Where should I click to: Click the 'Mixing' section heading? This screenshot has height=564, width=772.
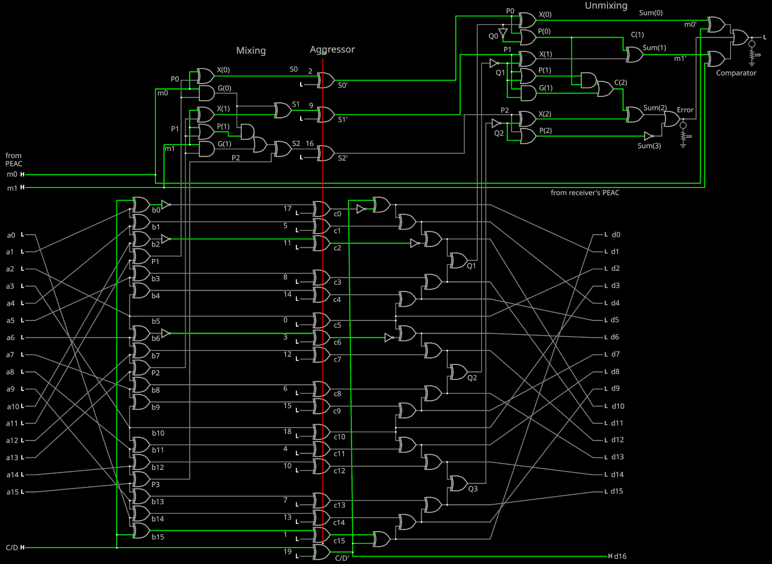click(251, 51)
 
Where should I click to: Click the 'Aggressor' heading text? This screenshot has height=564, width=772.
click(332, 49)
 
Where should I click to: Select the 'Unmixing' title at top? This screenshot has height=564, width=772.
click(606, 6)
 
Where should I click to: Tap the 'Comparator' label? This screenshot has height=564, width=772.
click(736, 73)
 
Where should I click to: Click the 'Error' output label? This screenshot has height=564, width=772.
click(685, 110)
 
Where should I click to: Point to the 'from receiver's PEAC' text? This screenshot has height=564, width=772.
click(585, 193)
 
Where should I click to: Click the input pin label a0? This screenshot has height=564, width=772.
click(11, 235)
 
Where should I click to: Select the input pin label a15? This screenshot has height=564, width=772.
click(13, 492)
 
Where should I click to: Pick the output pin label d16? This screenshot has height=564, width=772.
click(620, 556)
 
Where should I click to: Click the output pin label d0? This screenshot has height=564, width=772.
click(616, 235)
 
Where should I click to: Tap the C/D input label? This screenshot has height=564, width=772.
click(12, 548)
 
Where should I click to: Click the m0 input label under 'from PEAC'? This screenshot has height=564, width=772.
click(12, 175)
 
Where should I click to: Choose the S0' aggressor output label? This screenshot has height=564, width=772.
click(343, 85)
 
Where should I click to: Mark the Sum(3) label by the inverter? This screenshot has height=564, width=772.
click(649, 146)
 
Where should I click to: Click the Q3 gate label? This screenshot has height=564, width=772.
click(473, 489)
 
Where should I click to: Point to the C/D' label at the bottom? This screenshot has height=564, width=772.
click(342, 558)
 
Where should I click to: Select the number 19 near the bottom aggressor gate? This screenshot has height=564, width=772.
click(288, 551)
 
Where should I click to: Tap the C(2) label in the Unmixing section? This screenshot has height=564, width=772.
click(620, 82)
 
